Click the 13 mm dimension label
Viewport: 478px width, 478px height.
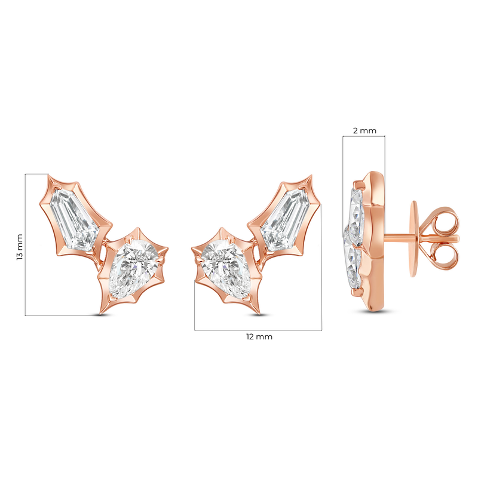point(20,247)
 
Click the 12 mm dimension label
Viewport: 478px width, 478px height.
point(259,337)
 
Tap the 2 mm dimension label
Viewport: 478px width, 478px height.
point(364,131)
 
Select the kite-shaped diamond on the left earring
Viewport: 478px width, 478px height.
point(74,219)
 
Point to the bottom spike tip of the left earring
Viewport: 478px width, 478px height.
point(100,314)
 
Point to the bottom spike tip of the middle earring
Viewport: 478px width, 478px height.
point(259,314)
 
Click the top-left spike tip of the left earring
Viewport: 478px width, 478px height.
point(48,174)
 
